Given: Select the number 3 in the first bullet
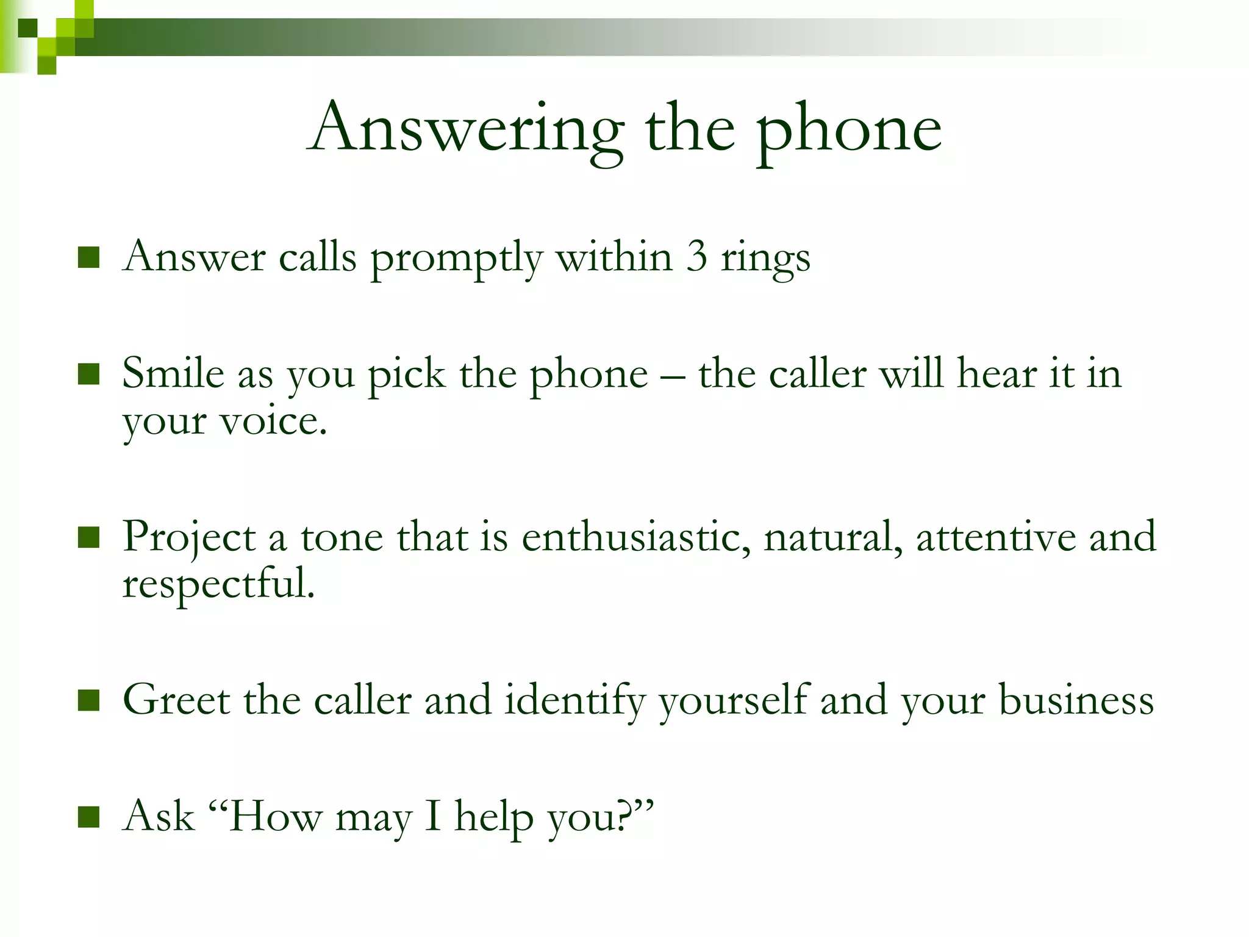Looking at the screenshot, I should pyautogui.click(x=696, y=257).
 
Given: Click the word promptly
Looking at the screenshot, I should pyautogui.click(x=456, y=258).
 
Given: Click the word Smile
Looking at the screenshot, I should pyautogui.click(x=173, y=373).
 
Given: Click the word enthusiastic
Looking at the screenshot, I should pyautogui.click(x=636, y=537).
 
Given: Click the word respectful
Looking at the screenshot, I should pyautogui.click(x=218, y=584).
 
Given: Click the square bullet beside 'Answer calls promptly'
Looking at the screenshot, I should pyautogui.click(x=89, y=257).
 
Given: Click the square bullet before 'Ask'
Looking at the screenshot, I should pyautogui.click(x=89, y=817).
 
